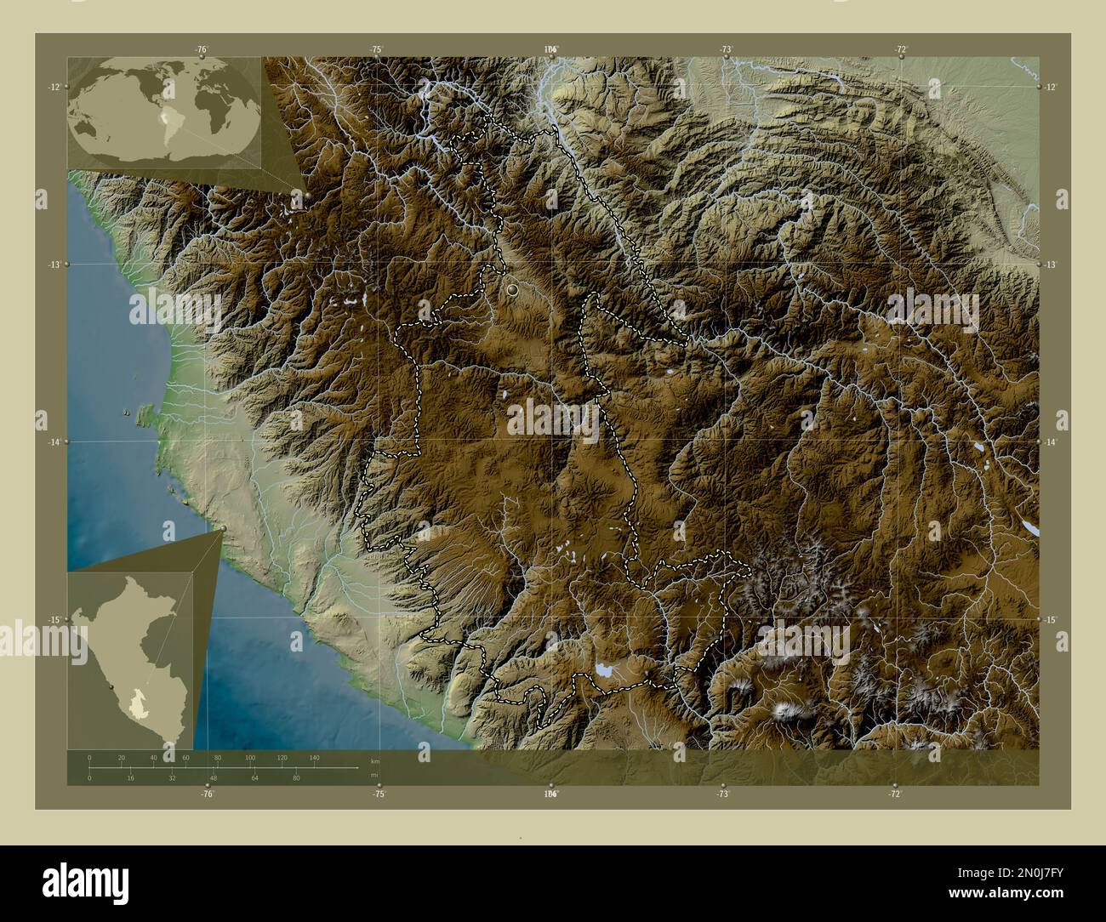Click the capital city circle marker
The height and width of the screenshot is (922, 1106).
click(x=512, y=290)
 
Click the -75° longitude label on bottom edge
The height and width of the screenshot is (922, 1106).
click(x=379, y=794)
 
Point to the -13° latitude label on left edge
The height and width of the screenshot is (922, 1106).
click(x=54, y=265)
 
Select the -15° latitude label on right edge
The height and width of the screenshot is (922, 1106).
click(x=1051, y=620)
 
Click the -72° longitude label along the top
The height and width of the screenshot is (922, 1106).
click(x=899, y=49)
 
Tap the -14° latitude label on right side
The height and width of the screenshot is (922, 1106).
click(x=1051, y=442)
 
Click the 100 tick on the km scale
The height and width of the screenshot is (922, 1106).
click(x=249, y=757)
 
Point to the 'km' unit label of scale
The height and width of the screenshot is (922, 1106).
click(x=374, y=760)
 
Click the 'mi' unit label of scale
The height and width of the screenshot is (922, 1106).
click(x=374, y=775)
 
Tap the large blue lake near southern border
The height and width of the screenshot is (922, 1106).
click(x=604, y=670)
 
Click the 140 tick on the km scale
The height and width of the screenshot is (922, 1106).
click(x=314, y=757)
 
